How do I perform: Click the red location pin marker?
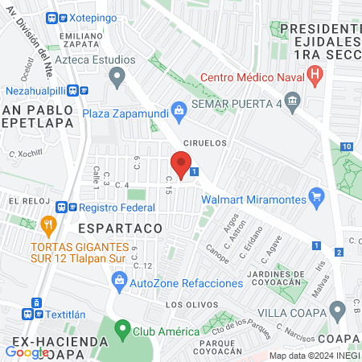pos(182,164)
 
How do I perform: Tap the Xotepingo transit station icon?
pos(52,17)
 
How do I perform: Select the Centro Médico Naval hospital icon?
pos(315,77)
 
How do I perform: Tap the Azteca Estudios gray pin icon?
pos(118,77)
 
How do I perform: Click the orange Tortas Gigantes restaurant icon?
pos(48,224)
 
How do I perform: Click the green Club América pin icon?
pos(122,330)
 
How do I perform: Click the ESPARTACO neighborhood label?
pos(120,228)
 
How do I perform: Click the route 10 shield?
pos(345,146)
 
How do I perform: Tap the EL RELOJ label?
pos(25,200)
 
